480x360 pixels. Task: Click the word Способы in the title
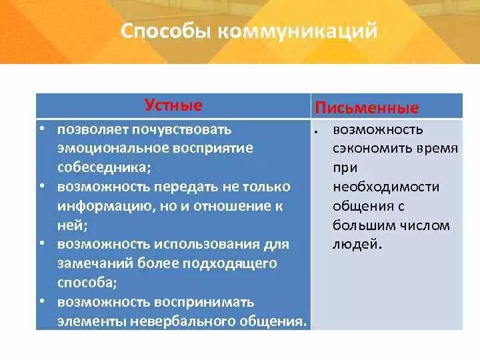(166, 31)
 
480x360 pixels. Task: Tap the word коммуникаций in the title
(298, 31)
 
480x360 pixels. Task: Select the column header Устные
(173, 105)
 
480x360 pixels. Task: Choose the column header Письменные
(367, 108)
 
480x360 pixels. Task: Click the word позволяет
(93, 130)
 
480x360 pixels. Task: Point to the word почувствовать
(182, 131)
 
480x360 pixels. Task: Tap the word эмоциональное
(113, 149)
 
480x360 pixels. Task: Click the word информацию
(106, 206)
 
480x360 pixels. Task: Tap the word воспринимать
(204, 303)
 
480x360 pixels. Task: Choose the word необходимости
(386, 187)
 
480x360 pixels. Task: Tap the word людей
(357, 245)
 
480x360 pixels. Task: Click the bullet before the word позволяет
(42, 128)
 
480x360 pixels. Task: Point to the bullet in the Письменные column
(315, 132)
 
